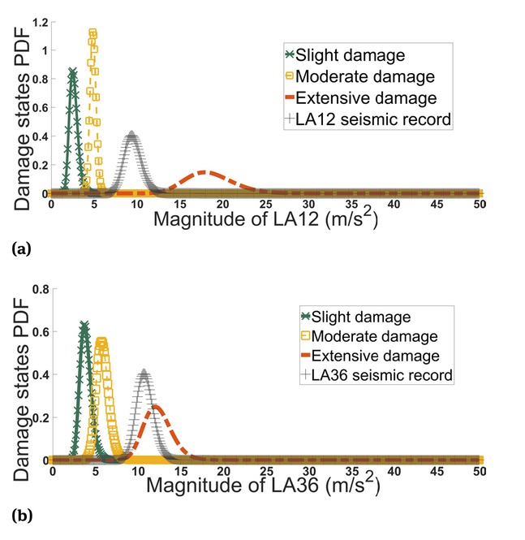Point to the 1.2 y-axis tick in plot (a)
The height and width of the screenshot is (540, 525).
pos(37,20)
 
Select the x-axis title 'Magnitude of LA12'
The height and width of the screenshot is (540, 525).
pos(265,219)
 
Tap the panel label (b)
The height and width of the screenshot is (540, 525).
pos(21,515)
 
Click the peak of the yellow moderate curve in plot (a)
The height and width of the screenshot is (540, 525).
pos(93,32)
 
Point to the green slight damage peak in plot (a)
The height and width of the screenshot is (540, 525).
pos(72,71)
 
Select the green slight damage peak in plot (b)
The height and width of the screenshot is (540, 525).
pos(84,324)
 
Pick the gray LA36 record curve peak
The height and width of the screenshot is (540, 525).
pos(144,373)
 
